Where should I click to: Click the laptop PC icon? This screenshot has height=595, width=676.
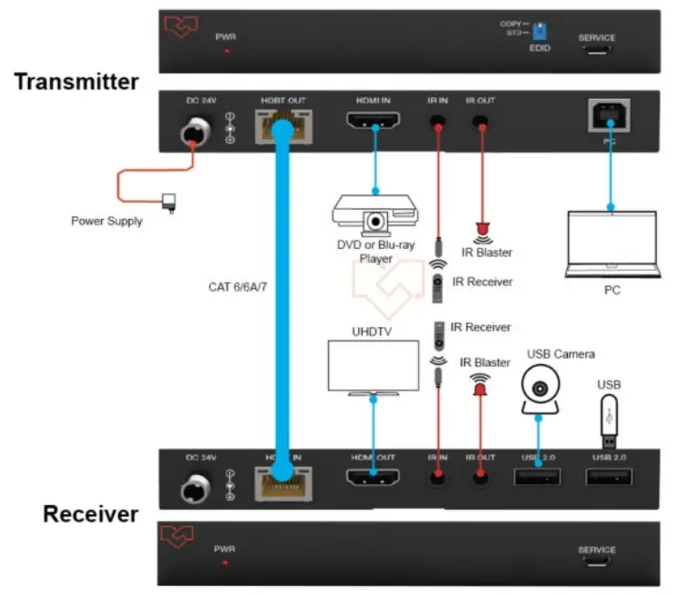click(x=611, y=243)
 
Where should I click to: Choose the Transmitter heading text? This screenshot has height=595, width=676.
click(x=76, y=82)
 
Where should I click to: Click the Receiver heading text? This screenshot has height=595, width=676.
click(x=91, y=514)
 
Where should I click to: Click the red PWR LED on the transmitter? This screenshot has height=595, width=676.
click(x=225, y=51)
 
